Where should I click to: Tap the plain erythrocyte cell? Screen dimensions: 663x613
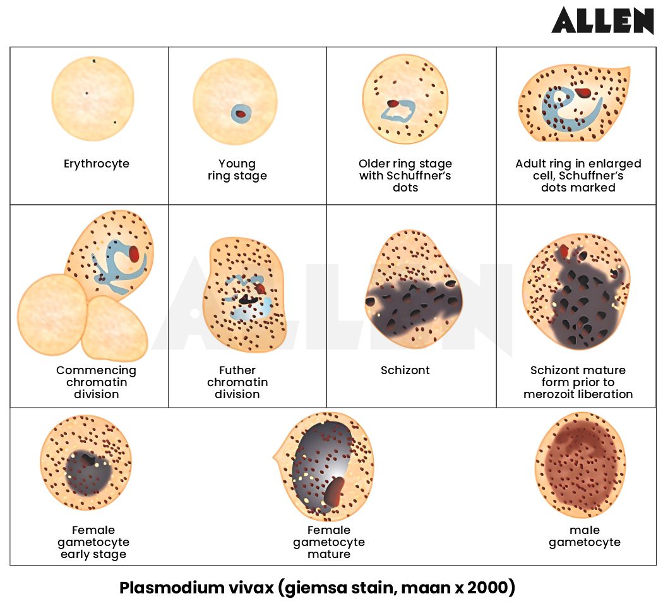[x=93, y=98]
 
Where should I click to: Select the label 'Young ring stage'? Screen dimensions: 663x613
[x=237, y=169]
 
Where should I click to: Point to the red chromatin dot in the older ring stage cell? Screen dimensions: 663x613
[x=393, y=103]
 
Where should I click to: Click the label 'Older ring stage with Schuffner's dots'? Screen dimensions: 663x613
[x=405, y=175]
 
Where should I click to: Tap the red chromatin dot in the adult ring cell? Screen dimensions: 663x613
[x=583, y=93]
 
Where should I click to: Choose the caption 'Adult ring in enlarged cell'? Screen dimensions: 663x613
[x=578, y=169]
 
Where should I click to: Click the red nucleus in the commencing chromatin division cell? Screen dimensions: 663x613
[x=134, y=253]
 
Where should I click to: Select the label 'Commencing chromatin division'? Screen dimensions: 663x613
[x=96, y=382]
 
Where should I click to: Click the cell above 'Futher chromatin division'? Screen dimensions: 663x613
[x=244, y=294]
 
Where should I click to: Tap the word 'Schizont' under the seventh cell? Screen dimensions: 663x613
[x=405, y=370]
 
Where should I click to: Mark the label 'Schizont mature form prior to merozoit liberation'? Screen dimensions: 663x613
[x=578, y=382]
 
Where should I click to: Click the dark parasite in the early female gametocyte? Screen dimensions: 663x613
[x=87, y=473]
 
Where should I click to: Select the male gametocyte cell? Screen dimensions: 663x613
[x=580, y=464]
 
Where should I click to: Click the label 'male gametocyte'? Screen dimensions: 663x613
[x=584, y=536]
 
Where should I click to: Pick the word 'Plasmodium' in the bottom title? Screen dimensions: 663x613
[x=165, y=588]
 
